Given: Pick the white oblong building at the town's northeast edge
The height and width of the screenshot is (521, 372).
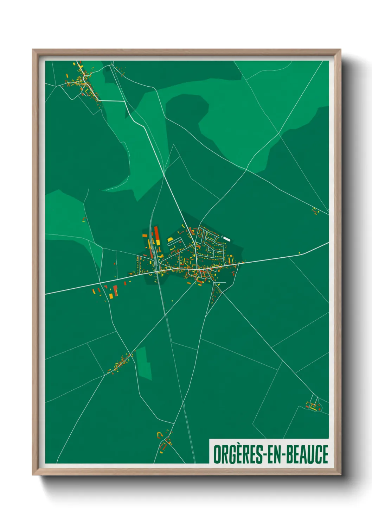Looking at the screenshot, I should (x=226, y=239).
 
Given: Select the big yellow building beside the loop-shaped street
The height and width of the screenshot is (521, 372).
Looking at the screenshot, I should (x=170, y=240).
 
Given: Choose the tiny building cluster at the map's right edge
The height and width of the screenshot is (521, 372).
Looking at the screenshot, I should (x=315, y=211).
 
